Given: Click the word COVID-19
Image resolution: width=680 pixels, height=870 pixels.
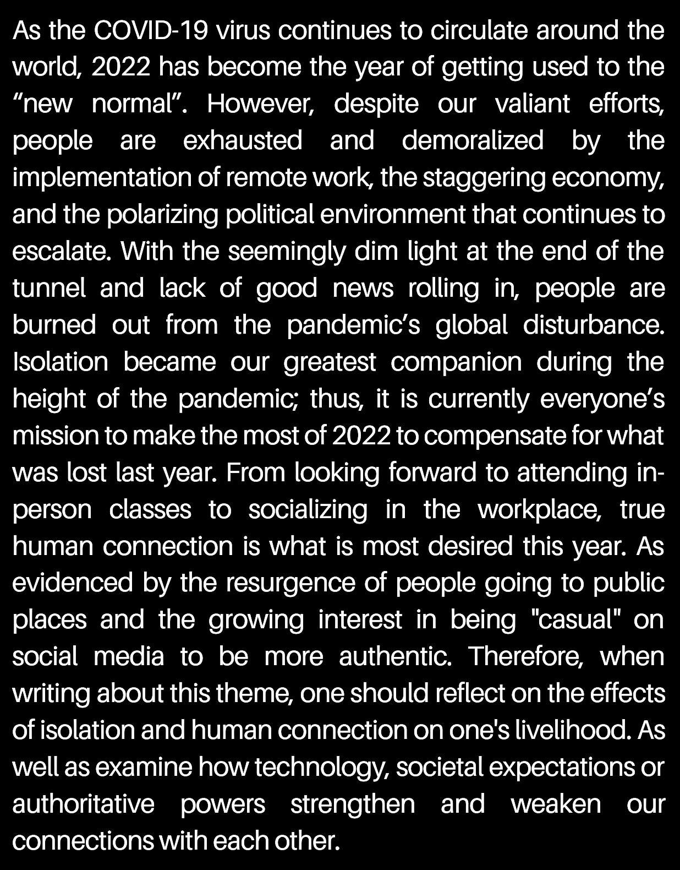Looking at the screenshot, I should [x=151, y=31].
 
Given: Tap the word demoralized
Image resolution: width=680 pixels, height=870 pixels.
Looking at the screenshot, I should [x=473, y=140].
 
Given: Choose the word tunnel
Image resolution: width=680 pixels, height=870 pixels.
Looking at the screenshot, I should [x=49, y=289].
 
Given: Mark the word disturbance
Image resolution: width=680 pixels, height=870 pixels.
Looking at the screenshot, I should [x=593, y=325].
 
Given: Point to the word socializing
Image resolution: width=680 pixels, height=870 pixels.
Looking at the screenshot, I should [x=308, y=510].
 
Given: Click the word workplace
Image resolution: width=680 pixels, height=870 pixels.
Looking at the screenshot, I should [x=540, y=510].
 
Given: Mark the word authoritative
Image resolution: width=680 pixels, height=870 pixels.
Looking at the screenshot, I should [x=84, y=804].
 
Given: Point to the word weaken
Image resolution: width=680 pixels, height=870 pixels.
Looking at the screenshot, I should [x=556, y=804].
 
